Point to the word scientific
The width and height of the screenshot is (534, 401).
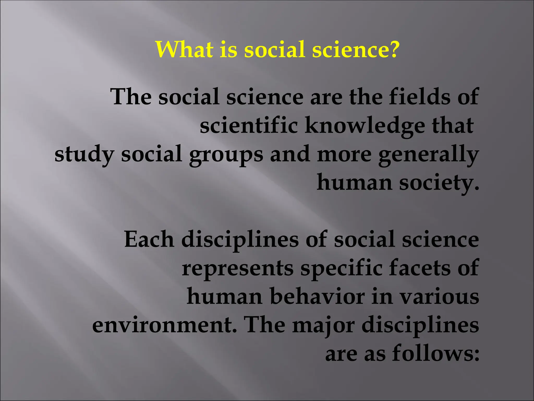point(249,126)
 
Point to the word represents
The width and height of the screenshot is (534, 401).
point(238,268)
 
